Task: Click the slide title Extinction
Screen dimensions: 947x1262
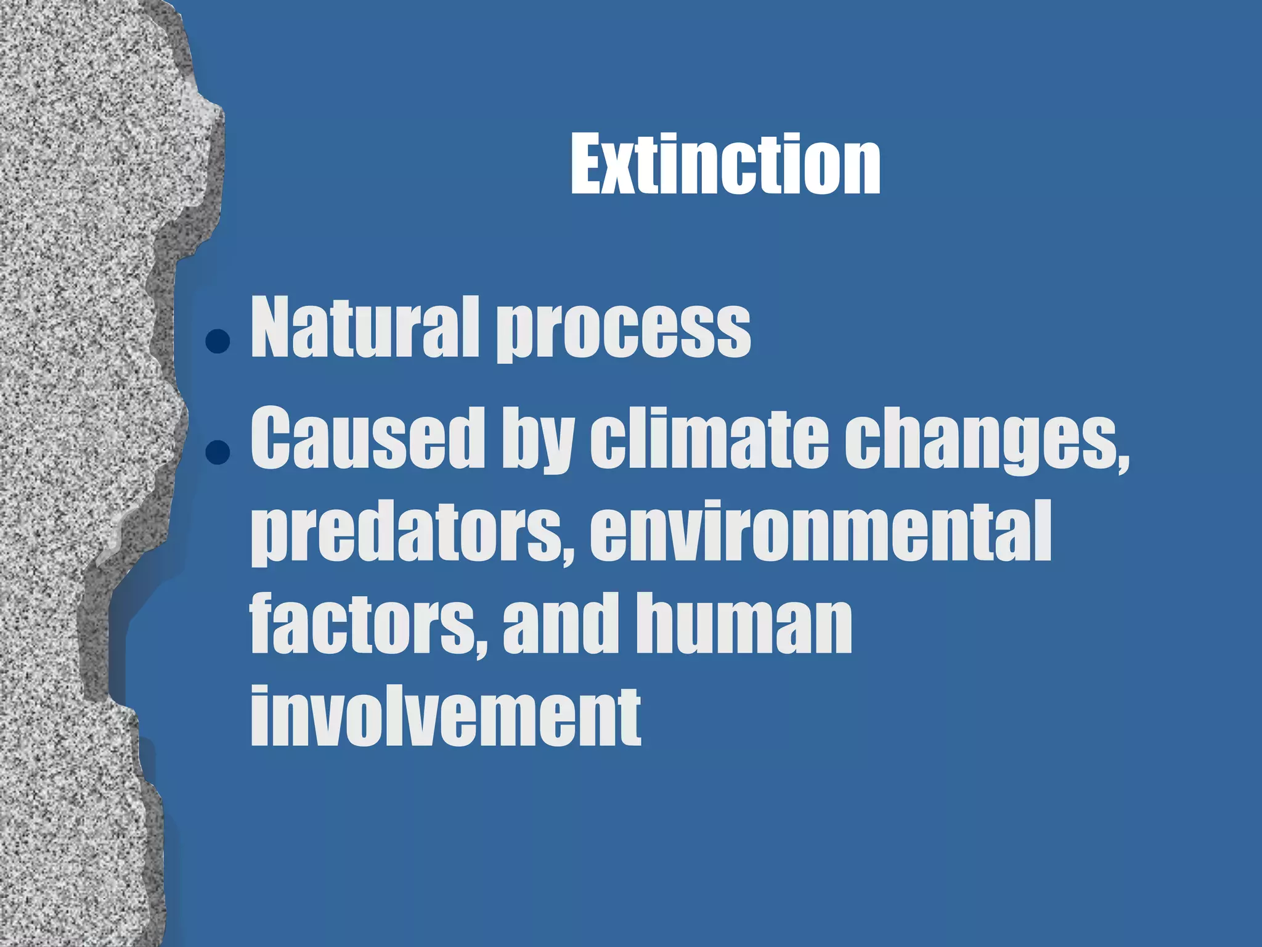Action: tap(725, 165)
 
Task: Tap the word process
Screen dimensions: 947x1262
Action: tap(624, 333)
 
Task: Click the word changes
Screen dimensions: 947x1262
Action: tap(980, 441)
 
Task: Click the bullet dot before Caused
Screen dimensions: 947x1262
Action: tap(218, 452)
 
